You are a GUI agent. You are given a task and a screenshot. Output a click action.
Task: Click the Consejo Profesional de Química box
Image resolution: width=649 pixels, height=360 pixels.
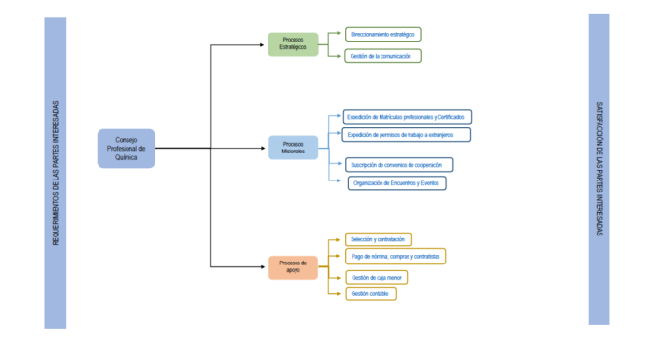126,149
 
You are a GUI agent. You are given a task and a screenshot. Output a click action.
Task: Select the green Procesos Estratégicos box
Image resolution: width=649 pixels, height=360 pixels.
293,43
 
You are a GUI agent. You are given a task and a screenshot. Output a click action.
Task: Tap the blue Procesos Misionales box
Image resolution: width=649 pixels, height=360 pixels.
293,148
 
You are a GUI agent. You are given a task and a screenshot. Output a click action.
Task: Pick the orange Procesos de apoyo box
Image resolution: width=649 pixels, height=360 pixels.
293,266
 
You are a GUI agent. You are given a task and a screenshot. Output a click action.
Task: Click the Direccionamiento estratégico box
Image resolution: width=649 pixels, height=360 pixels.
383,34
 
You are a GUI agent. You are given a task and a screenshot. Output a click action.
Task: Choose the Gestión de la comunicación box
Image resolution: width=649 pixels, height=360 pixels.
383,56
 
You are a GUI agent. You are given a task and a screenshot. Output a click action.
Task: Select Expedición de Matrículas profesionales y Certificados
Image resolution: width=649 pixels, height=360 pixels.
408,116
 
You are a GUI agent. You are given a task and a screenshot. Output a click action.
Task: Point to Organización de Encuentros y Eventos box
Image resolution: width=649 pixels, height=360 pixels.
397,182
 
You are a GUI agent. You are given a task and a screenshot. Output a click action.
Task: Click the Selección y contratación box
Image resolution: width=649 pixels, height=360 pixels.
379,238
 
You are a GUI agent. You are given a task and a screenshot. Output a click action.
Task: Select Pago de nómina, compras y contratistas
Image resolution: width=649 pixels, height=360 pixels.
395,256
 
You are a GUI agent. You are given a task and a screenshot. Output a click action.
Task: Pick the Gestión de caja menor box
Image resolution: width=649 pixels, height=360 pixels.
376,277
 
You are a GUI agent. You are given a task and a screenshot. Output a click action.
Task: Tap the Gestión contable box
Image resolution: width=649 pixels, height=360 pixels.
370,293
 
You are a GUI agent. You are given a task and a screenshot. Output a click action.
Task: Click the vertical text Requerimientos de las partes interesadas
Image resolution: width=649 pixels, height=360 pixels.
55,173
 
